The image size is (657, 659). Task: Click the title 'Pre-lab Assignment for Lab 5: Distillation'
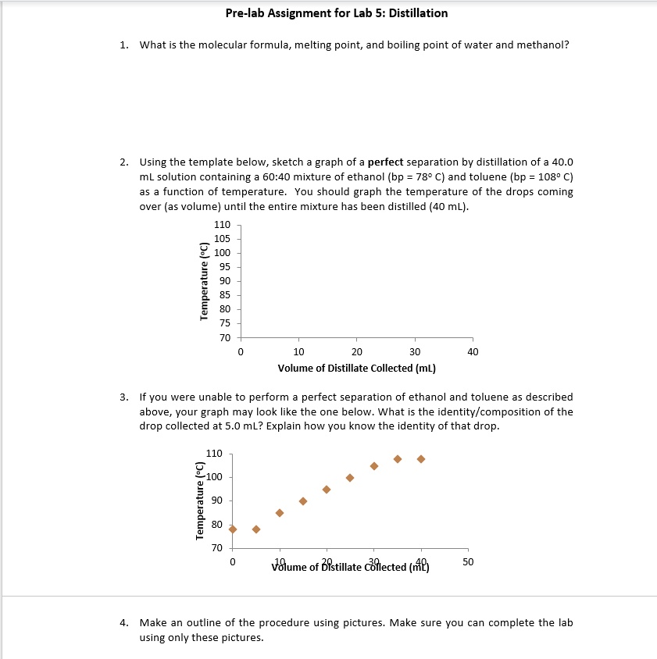pyautogui.click(x=336, y=12)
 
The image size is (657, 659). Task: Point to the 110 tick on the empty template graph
pyautogui.click(x=223, y=225)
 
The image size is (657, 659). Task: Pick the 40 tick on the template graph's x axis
pyautogui.click(x=472, y=352)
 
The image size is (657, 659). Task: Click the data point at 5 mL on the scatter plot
pyautogui.click(x=256, y=529)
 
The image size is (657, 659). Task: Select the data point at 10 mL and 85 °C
pyautogui.click(x=280, y=513)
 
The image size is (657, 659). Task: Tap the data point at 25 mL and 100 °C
pyautogui.click(x=350, y=478)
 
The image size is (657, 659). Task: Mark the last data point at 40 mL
pyautogui.click(x=421, y=459)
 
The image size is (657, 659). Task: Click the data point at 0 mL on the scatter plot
pyautogui.click(x=233, y=529)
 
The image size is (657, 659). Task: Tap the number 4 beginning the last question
pyautogui.click(x=124, y=623)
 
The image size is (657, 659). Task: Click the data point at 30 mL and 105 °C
pyautogui.click(x=374, y=466)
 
